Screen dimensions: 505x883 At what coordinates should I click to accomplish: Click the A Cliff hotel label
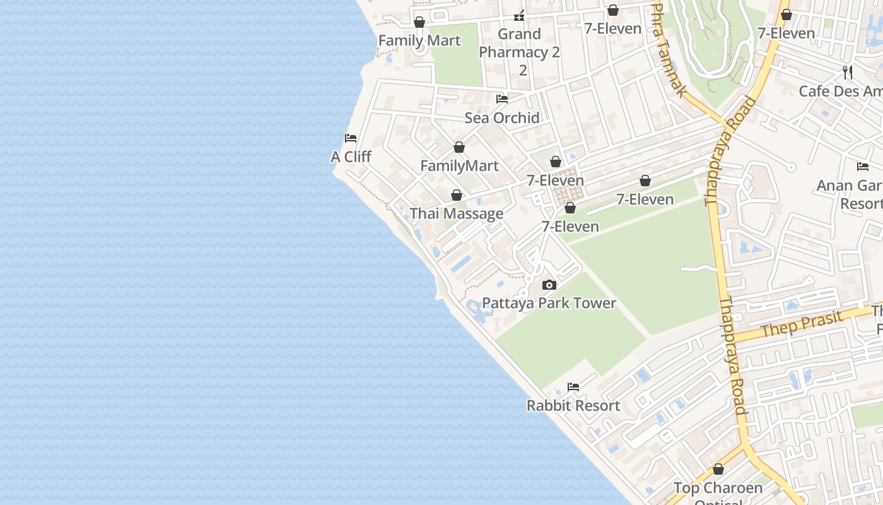[351, 157]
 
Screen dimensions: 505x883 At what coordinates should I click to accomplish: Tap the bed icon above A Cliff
[351, 138]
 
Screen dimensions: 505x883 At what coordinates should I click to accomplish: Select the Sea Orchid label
[502, 117]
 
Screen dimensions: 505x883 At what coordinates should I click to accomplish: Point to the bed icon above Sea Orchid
[502, 99]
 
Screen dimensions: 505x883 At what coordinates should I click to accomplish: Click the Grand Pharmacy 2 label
[519, 52]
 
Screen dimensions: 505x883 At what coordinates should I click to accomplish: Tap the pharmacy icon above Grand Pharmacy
[519, 16]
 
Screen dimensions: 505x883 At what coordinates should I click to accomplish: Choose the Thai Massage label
[457, 213]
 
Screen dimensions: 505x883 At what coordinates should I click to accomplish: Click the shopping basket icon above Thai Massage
[457, 196]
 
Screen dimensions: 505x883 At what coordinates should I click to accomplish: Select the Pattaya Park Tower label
[549, 303]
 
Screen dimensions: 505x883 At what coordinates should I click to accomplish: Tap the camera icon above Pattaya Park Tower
[549, 285]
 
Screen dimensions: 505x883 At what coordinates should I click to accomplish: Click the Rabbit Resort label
[573, 405]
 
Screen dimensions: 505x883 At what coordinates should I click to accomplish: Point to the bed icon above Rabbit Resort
[573, 387]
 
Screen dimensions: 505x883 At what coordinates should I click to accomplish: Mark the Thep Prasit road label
[802, 324]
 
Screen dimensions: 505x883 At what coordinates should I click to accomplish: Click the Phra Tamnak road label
[669, 50]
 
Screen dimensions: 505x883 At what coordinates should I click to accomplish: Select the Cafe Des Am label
[840, 91]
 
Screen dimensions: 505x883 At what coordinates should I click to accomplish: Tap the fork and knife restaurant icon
[848, 73]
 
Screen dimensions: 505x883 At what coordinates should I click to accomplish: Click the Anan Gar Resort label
[850, 194]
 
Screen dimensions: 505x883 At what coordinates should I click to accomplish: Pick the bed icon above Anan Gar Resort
[863, 167]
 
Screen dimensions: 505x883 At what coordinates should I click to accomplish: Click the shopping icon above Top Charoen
[718, 470]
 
